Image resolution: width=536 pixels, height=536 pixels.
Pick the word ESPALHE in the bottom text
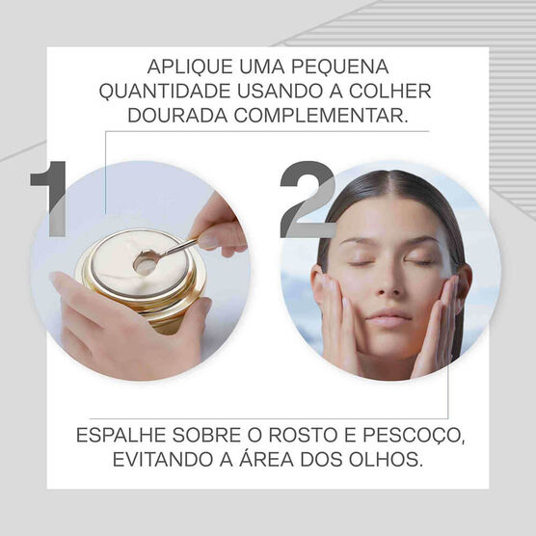pos(119,436)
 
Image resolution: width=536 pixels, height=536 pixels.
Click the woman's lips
pos(389,317)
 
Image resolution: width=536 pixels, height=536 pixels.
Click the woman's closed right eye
pos(360,261)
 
